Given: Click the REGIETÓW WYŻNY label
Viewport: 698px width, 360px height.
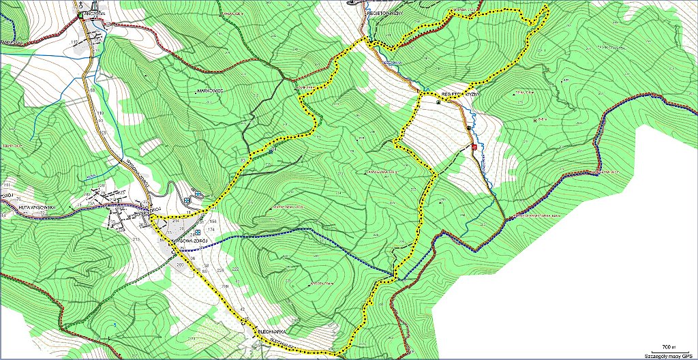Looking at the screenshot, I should pyautogui.click(x=461, y=93).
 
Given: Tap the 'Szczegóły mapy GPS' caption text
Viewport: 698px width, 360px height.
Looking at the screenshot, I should pyautogui.click(x=669, y=355).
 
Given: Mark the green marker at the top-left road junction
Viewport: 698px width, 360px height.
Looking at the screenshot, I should pyautogui.click(x=80, y=15).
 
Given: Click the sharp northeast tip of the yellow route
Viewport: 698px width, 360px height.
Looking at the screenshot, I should pyautogui.click(x=547, y=7).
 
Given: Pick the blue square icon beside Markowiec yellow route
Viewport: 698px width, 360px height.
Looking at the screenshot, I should pyautogui.click(x=271, y=151).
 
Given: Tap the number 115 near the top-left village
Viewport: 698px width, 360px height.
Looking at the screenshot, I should pyautogui.click(x=74, y=43).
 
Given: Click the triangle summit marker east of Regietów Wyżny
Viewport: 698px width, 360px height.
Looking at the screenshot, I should pyautogui.click(x=516, y=93).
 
